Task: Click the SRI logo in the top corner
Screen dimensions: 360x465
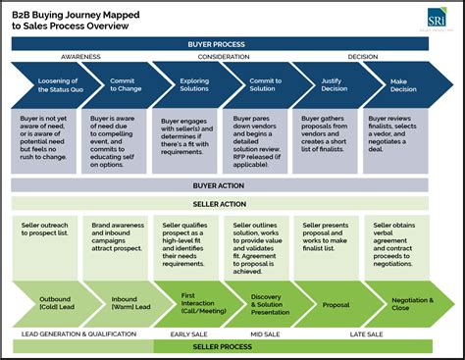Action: (x=435, y=21)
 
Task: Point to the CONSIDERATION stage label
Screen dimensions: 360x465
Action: (x=225, y=57)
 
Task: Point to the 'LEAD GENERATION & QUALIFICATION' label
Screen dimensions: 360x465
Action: (x=79, y=334)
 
